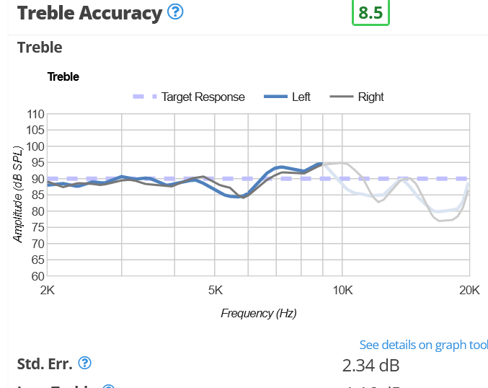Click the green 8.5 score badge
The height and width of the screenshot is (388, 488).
[x=371, y=14]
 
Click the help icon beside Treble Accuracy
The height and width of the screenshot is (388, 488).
[x=175, y=12]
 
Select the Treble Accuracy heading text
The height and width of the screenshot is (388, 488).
[x=89, y=13]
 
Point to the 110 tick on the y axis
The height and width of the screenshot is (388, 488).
[x=35, y=114]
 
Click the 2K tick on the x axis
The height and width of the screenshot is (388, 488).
[x=48, y=290]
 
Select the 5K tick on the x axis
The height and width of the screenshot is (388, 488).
[x=216, y=290]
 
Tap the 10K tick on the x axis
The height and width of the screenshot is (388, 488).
[x=342, y=290]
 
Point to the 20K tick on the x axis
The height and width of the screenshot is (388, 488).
[x=469, y=290]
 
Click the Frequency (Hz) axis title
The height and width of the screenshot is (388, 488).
[x=258, y=313]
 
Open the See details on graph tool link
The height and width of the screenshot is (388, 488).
[x=423, y=345]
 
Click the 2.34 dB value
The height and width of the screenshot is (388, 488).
[x=371, y=365]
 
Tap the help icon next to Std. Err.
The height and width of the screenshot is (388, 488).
[x=84, y=363]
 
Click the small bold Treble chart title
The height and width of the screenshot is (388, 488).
[x=63, y=76]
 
